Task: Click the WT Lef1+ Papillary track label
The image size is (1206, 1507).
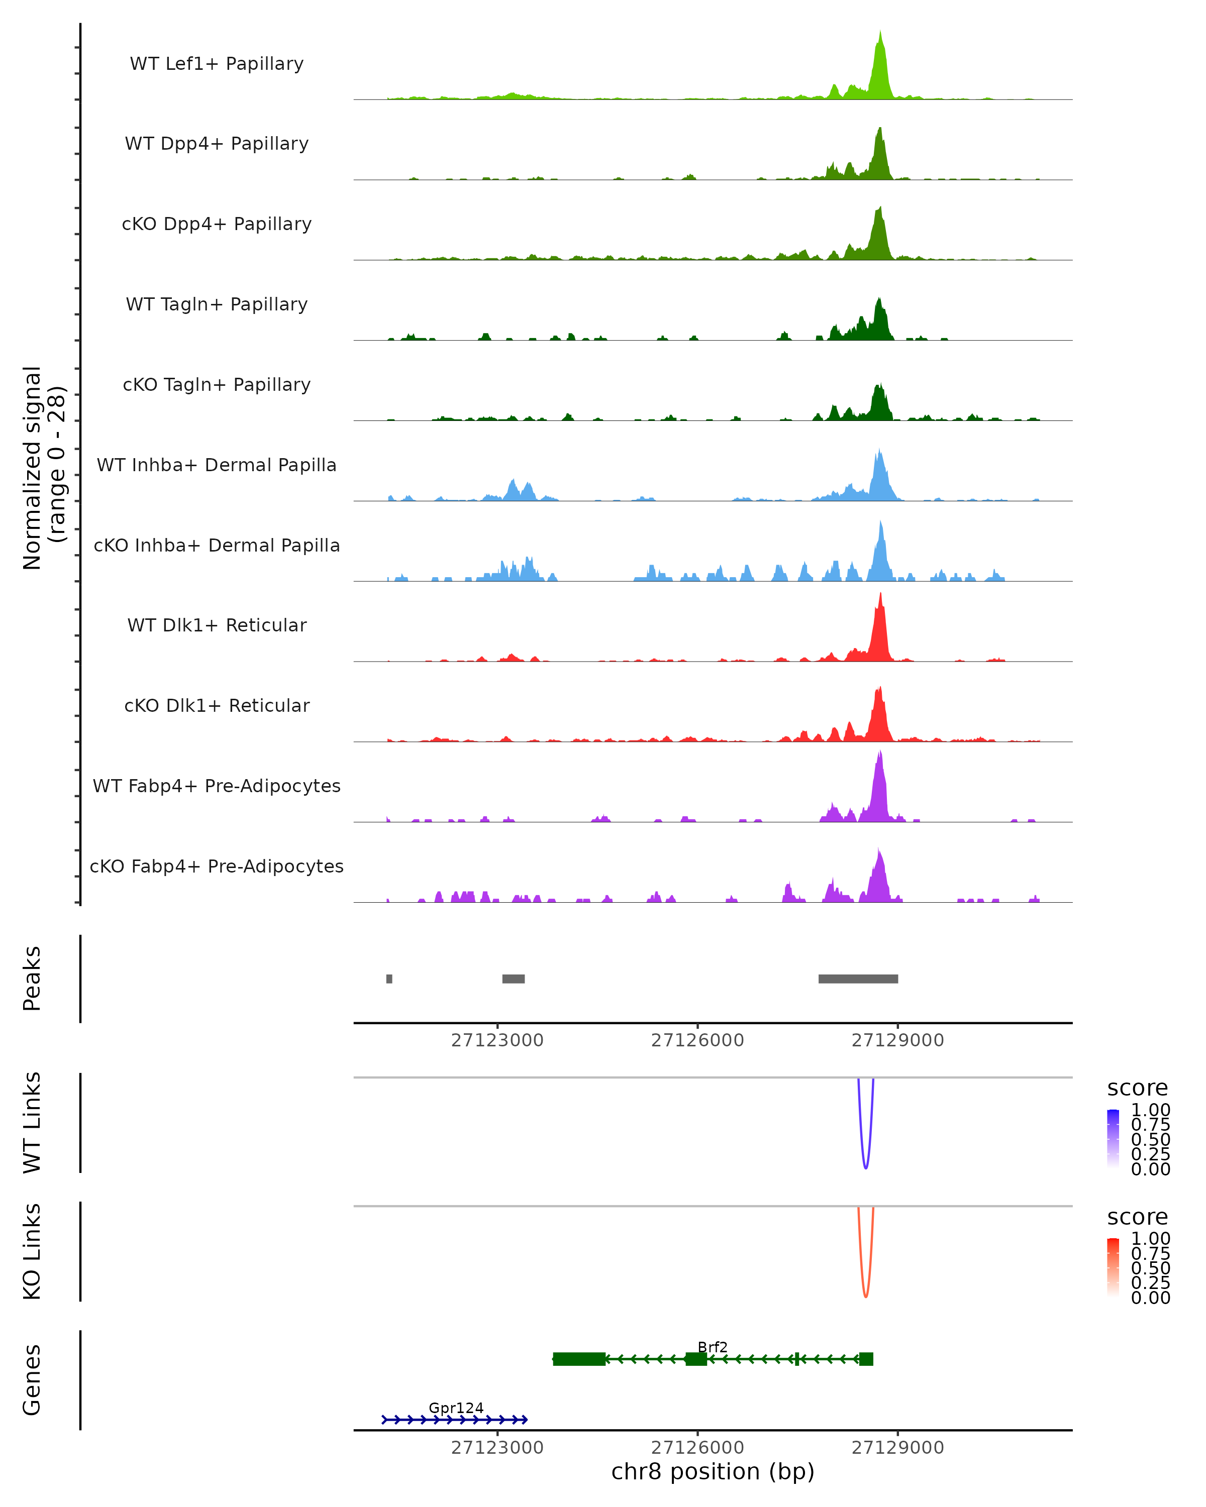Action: [x=217, y=64]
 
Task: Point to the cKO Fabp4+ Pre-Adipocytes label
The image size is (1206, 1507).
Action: [x=217, y=866]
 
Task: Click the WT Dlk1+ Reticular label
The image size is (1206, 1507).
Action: [x=217, y=625]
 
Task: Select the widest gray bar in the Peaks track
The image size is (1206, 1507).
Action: [x=858, y=979]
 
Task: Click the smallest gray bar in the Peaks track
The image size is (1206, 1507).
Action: [x=389, y=979]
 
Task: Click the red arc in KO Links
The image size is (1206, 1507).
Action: [x=865, y=1295]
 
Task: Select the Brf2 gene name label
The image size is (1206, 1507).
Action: [x=713, y=1347]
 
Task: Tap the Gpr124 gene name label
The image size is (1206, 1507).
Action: [x=456, y=1408]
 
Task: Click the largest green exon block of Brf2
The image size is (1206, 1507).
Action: [x=579, y=1359]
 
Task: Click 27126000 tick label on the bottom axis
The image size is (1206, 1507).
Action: [x=697, y=1448]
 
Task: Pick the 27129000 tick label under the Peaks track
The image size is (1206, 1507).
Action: [x=897, y=1040]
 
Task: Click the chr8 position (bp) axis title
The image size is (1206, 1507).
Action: [x=713, y=1472]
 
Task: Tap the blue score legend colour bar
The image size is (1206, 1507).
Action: [x=1113, y=1139]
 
